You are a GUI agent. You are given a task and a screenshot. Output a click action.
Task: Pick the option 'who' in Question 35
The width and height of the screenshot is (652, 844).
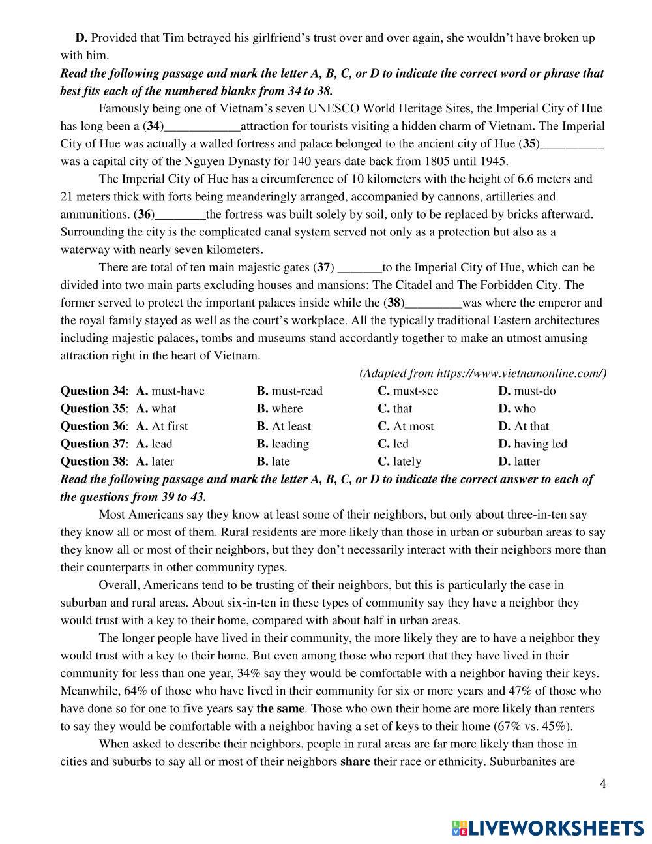[x=524, y=408]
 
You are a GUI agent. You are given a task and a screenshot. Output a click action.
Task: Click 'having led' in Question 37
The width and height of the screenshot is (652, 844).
[x=540, y=444]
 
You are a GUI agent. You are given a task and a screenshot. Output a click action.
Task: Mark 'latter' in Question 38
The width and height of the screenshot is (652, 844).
[x=527, y=461]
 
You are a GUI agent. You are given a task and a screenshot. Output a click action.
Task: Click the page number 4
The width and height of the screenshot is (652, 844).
[x=602, y=783]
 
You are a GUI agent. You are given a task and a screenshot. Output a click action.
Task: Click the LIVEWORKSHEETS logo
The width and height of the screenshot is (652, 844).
[x=548, y=827]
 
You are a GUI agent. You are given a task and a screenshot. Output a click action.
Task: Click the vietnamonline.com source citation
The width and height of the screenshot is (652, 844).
[x=482, y=373]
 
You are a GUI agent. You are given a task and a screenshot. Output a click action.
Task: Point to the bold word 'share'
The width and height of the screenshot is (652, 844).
[x=355, y=761]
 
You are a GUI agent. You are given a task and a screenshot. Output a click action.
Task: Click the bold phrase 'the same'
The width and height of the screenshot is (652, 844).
[x=280, y=708]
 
